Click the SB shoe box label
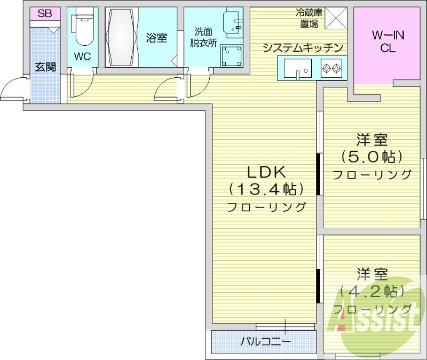pyautogui.click(x=45, y=13)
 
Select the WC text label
pyautogui.click(x=83, y=57)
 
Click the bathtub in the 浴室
pyautogui.click(x=122, y=37)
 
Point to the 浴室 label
pyautogui.click(x=156, y=38)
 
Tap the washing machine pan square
pyautogui.click(x=231, y=57)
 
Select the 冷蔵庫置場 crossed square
pyautogui.click(x=336, y=18)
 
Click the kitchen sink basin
pyautogui.click(x=298, y=69)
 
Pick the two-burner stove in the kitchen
pyautogui.click(x=331, y=68)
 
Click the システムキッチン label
pyautogui.click(x=303, y=48)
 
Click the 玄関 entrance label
pyautogui.click(x=45, y=67)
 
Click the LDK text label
pyautogui.click(x=266, y=172)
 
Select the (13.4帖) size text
pyautogui.click(x=266, y=189)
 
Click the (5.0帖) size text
pyautogui.click(x=371, y=156)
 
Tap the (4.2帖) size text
pyautogui.click(x=371, y=292)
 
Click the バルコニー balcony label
pyautogui.click(x=265, y=341)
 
